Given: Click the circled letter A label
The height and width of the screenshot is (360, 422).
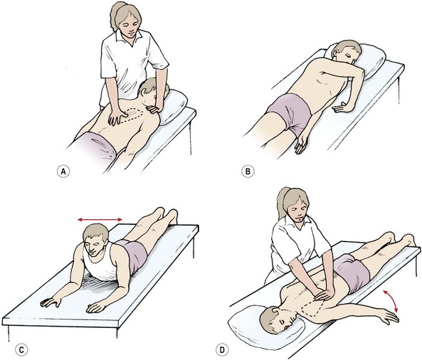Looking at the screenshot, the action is [63, 171].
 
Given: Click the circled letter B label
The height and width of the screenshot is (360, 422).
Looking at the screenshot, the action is [248, 171].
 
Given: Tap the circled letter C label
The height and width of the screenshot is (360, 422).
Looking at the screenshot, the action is [21, 350].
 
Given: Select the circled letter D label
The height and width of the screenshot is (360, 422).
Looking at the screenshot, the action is [222, 350].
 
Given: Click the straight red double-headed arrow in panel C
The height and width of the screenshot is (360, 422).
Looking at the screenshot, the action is [100, 220].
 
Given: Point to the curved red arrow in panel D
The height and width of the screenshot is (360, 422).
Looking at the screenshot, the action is [391, 301].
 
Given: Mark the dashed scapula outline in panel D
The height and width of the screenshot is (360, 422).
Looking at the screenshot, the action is [312, 308].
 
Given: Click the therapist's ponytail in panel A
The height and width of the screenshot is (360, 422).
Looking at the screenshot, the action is [115, 16].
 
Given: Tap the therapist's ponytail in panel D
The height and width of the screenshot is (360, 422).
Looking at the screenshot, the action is [283, 203].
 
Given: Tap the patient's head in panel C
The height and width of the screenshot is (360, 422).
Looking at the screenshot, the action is [95, 240].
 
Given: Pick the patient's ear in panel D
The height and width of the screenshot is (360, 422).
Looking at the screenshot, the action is [275, 312].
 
